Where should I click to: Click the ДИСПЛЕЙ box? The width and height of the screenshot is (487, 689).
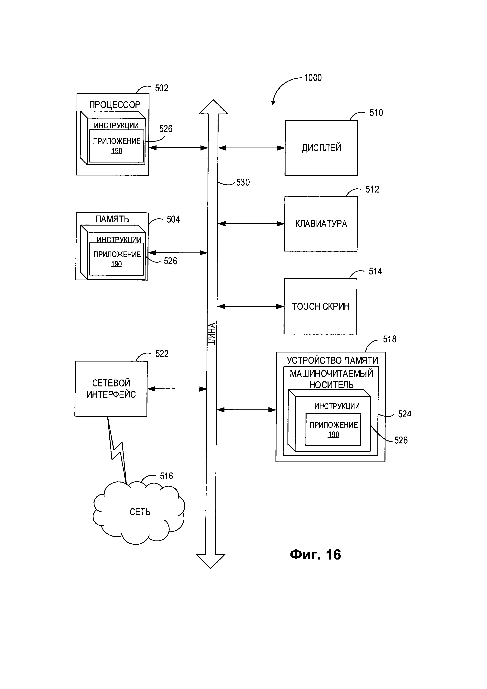321,148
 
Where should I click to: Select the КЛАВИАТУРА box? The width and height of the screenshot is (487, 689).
321,224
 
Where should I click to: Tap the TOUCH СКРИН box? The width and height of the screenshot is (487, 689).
320,306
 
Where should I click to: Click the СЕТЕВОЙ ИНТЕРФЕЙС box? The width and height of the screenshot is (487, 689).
111,389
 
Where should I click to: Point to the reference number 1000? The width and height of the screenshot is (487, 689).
313,78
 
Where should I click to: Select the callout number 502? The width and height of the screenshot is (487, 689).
161,88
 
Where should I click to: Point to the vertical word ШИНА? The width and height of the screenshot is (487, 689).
212,334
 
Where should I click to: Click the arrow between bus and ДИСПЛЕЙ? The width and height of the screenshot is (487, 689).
251,148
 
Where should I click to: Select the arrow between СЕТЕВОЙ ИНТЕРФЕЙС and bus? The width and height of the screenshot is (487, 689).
177,389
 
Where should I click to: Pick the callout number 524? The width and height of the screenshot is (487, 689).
404,414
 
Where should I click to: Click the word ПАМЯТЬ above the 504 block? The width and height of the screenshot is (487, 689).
112,219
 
